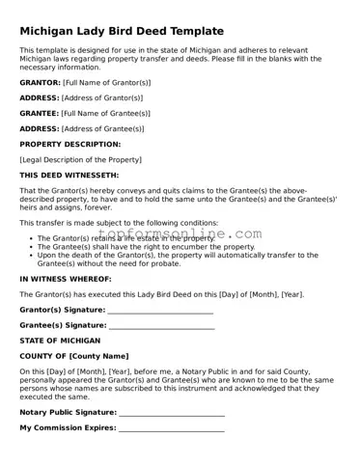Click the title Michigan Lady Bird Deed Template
click(121, 31)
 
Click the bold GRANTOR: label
click(40, 83)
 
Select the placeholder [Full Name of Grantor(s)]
click(106, 83)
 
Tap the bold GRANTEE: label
click(40, 113)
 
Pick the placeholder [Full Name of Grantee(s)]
click(106, 113)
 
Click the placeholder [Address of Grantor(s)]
click(102, 97)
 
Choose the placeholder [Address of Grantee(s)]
click(102, 128)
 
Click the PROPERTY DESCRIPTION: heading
click(70, 144)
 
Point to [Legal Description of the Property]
click(80, 159)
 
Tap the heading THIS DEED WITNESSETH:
click(69, 175)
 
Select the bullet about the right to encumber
click(146, 247)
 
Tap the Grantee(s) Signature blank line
click(161, 326)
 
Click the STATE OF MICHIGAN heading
click(60, 341)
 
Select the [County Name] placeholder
click(96, 356)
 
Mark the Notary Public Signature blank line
click(172, 412)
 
